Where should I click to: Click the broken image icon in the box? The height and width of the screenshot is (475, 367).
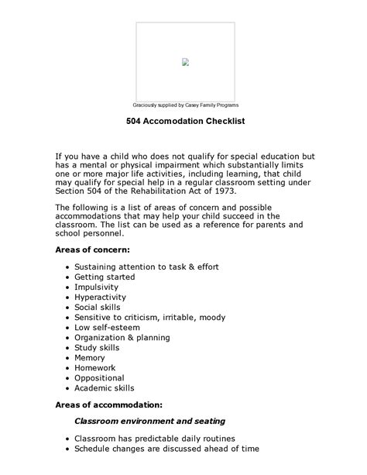pyautogui.click(x=186, y=62)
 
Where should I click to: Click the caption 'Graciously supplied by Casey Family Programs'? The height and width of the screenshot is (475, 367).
pyautogui.click(x=185, y=105)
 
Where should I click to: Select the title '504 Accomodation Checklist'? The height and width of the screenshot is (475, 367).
pyautogui.click(x=185, y=122)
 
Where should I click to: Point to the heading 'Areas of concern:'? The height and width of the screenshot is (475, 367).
pyautogui.click(x=92, y=250)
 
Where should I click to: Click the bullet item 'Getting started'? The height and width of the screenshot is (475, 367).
pyautogui.click(x=105, y=277)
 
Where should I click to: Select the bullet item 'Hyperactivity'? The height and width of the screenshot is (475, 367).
pyautogui.click(x=100, y=297)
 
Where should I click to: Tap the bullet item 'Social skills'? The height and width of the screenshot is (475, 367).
pyautogui.click(x=98, y=307)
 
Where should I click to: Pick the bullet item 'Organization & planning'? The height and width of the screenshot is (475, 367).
pyautogui.click(x=122, y=337)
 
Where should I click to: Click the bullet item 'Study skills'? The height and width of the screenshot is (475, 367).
pyautogui.click(x=98, y=347)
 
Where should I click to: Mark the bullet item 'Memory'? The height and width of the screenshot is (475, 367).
pyautogui.click(x=90, y=357)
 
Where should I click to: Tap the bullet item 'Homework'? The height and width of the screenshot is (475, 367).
pyautogui.click(x=96, y=367)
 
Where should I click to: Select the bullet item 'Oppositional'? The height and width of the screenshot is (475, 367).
pyautogui.click(x=99, y=377)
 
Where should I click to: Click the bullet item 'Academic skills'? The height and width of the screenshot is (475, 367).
pyautogui.click(x=104, y=387)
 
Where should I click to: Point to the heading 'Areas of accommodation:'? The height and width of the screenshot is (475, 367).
pyautogui.click(x=108, y=404)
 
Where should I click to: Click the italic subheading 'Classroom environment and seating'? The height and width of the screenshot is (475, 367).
pyautogui.click(x=149, y=421)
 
